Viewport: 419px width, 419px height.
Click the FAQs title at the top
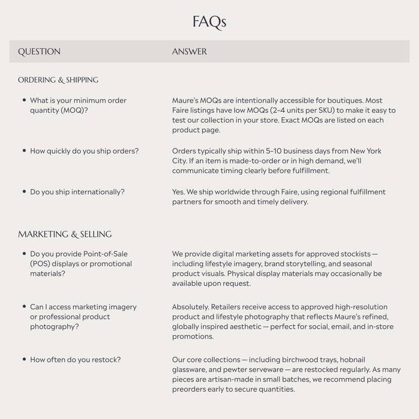210,22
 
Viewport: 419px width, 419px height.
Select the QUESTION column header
39,52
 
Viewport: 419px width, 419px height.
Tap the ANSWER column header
189,52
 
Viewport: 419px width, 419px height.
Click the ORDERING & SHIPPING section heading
58,80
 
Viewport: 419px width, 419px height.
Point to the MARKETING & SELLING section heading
65,234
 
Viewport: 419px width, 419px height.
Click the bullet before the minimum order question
24,100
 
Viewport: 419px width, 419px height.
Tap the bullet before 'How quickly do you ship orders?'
24,151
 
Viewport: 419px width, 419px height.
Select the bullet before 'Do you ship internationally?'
24,191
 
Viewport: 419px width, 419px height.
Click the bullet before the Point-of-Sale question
24,254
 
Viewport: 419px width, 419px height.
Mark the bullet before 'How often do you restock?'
24,360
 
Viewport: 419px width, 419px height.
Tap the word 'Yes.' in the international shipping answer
179,192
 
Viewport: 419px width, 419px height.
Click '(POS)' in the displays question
42,264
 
